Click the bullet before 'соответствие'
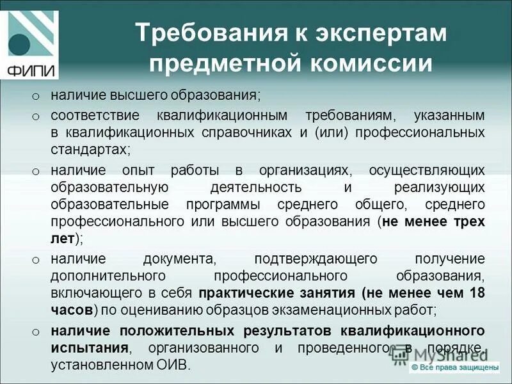point(36,116)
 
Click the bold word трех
point(468,222)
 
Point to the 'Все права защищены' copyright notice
point(455,368)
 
